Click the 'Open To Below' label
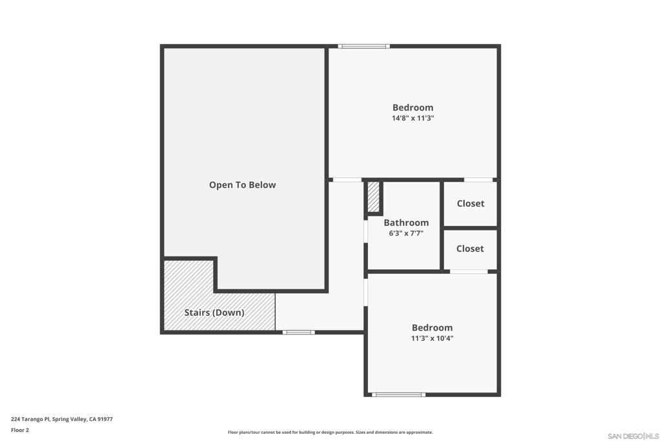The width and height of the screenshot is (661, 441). tap(242, 185)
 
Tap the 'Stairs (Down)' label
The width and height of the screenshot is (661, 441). tap(214, 313)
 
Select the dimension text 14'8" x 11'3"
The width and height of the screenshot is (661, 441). tap(412, 119)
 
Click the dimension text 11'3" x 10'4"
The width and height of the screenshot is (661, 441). tap(432, 338)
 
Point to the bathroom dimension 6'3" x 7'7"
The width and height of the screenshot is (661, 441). tap(405, 234)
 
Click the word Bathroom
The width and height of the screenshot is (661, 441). tap(405, 223)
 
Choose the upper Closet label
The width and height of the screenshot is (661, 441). tap(470, 203)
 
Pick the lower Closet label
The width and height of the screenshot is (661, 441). tap(469, 249)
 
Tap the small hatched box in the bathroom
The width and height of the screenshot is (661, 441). tap(374, 197)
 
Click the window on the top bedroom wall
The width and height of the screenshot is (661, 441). tap(364, 46)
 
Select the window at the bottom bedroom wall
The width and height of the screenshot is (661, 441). tap(398, 395)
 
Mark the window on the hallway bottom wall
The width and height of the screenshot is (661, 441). tap(299, 332)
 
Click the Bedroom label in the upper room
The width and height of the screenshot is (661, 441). tap(412, 108)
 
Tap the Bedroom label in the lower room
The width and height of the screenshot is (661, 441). tap(432, 327)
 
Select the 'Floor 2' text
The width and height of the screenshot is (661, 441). tap(20, 430)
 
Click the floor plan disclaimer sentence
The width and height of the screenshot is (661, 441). tap(330, 433)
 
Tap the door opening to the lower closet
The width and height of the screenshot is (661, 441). tap(469, 272)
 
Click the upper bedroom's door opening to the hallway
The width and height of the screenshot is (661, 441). tap(347, 179)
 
